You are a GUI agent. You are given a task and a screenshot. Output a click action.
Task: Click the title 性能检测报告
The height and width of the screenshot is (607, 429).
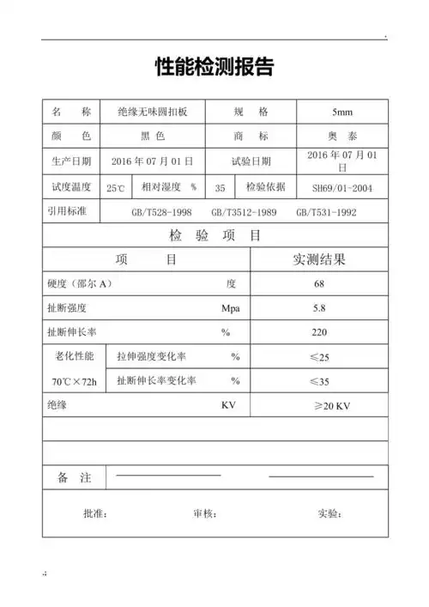214,66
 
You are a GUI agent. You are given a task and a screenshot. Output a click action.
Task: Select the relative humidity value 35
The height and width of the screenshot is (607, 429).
221,187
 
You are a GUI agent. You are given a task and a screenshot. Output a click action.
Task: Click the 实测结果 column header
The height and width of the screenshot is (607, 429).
319,259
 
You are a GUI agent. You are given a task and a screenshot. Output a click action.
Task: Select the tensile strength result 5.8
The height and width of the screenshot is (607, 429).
319,307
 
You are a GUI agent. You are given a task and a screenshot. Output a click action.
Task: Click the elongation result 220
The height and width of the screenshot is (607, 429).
319,331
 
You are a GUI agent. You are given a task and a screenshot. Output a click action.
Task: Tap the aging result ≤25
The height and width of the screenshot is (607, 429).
319,356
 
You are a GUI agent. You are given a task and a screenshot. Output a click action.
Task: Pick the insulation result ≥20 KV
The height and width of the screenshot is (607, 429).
319,405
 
